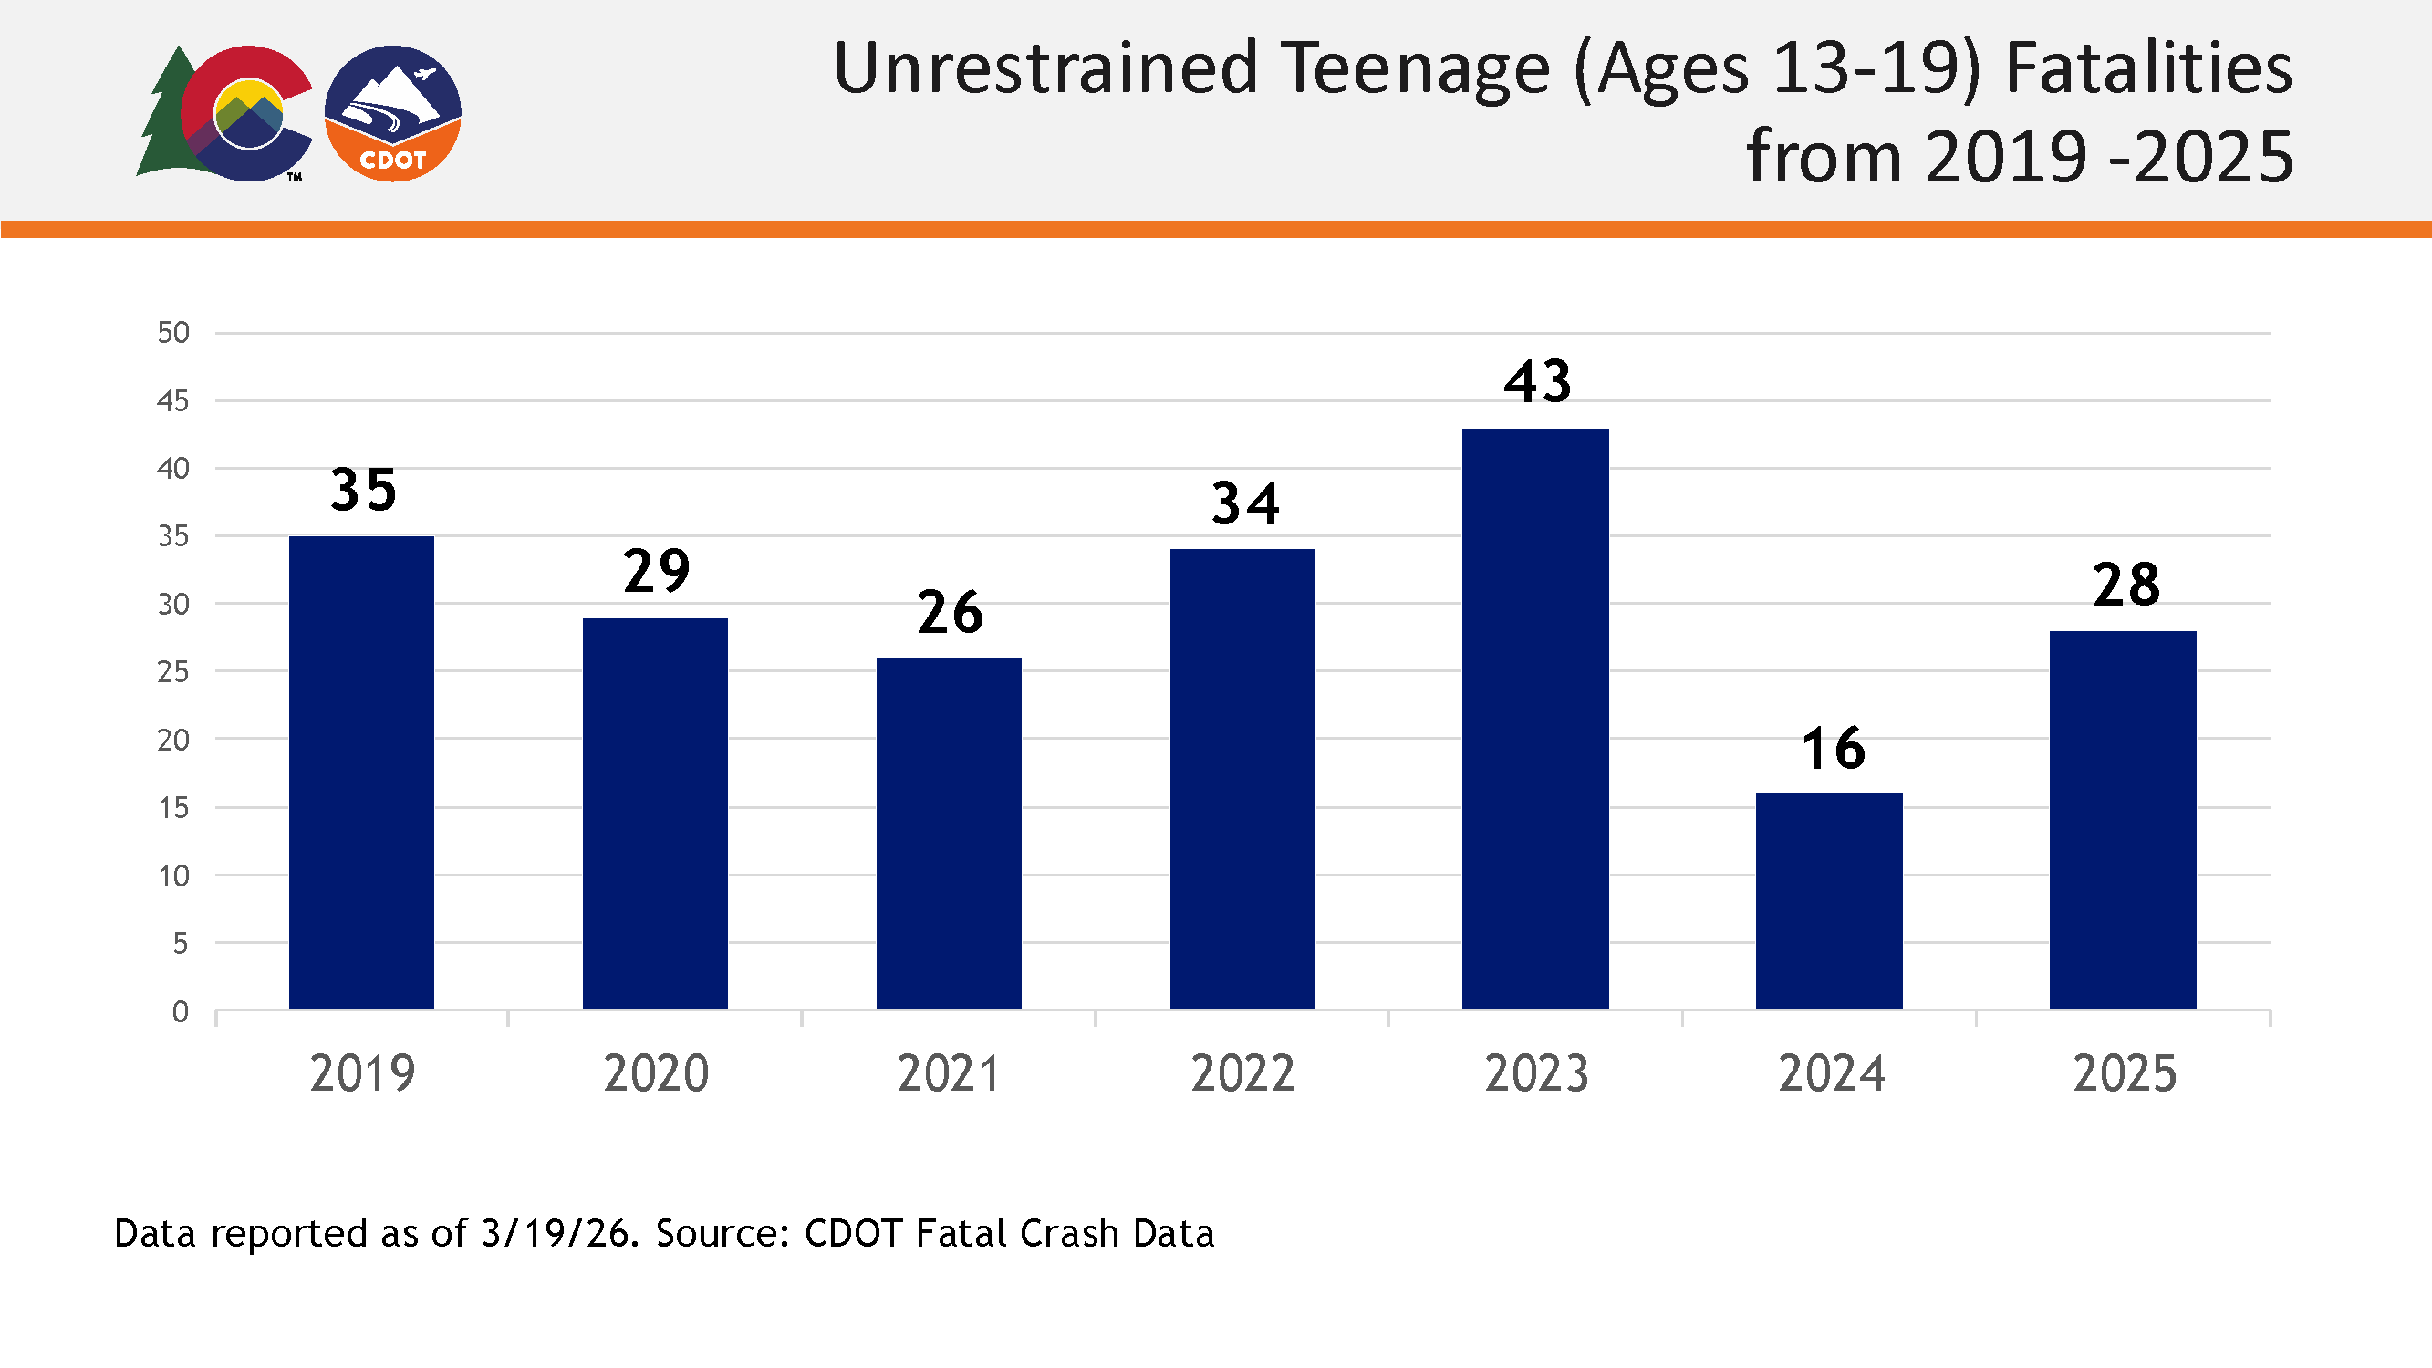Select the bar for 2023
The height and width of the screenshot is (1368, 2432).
point(1535,719)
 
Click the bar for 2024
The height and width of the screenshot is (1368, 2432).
point(1829,901)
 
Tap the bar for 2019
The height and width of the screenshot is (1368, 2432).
point(361,772)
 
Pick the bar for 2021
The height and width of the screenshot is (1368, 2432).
point(949,834)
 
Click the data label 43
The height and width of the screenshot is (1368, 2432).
point(1537,382)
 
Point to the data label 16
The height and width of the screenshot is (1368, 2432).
point(1833,750)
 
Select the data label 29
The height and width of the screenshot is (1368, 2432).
point(656,572)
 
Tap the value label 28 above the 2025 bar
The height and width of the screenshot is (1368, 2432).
point(2126,586)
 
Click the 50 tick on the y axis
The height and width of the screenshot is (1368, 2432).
point(173,332)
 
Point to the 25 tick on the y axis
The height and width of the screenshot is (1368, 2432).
point(173,672)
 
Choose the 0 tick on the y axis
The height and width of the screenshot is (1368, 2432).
point(181,1012)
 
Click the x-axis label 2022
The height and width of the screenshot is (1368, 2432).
point(1242,1074)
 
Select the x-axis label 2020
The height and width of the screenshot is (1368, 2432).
point(656,1074)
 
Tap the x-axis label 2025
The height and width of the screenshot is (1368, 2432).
point(2125,1074)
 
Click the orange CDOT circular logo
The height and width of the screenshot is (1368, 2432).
point(393,113)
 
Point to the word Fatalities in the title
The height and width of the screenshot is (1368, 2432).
point(2149,69)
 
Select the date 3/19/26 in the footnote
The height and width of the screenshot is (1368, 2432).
point(555,1234)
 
